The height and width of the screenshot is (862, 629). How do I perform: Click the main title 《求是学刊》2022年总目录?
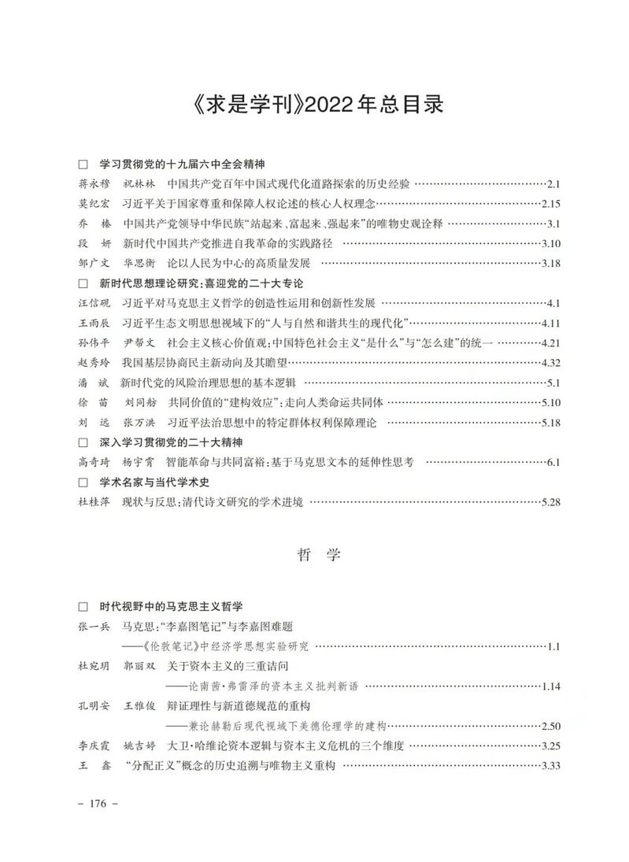314,105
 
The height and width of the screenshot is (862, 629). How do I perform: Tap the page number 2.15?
548,204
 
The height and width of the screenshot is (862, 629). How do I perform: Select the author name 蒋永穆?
94,184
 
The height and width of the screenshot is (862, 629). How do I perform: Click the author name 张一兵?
94,627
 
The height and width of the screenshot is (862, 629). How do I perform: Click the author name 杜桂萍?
94,501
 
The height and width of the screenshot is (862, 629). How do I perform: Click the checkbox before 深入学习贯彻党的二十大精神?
83,442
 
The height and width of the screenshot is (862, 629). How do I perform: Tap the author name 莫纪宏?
94,204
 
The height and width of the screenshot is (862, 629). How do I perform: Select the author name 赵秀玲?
94,363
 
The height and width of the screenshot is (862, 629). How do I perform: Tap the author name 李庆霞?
94,745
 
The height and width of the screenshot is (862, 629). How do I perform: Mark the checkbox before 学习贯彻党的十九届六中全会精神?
83,165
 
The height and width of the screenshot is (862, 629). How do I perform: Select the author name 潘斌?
94,383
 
